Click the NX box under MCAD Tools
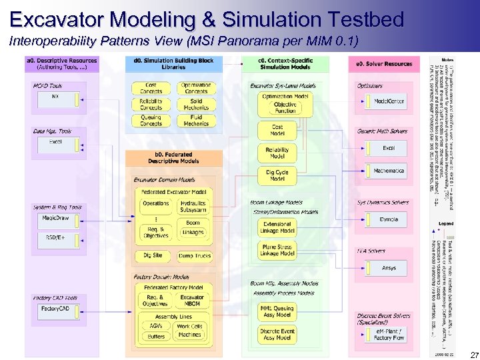[x=55, y=97]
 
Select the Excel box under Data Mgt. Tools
[x=55, y=142]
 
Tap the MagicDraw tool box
[x=55, y=218]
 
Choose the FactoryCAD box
[x=55, y=309]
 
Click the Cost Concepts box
[x=151, y=87]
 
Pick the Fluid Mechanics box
[x=195, y=121]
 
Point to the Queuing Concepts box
[x=151, y=121]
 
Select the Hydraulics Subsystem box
[x=193, y=206]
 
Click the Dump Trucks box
[x=194, y=255]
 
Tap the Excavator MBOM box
[x=192, y=300]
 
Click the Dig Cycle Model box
[x=277, y=175]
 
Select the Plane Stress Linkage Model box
[x=277, y=251]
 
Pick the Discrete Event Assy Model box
[x=277, y=334]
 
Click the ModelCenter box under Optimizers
[x=389, y=101]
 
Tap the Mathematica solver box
[x=389, y=171]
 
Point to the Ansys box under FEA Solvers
[x=389, y=268]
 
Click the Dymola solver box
[x=389, y=219]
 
